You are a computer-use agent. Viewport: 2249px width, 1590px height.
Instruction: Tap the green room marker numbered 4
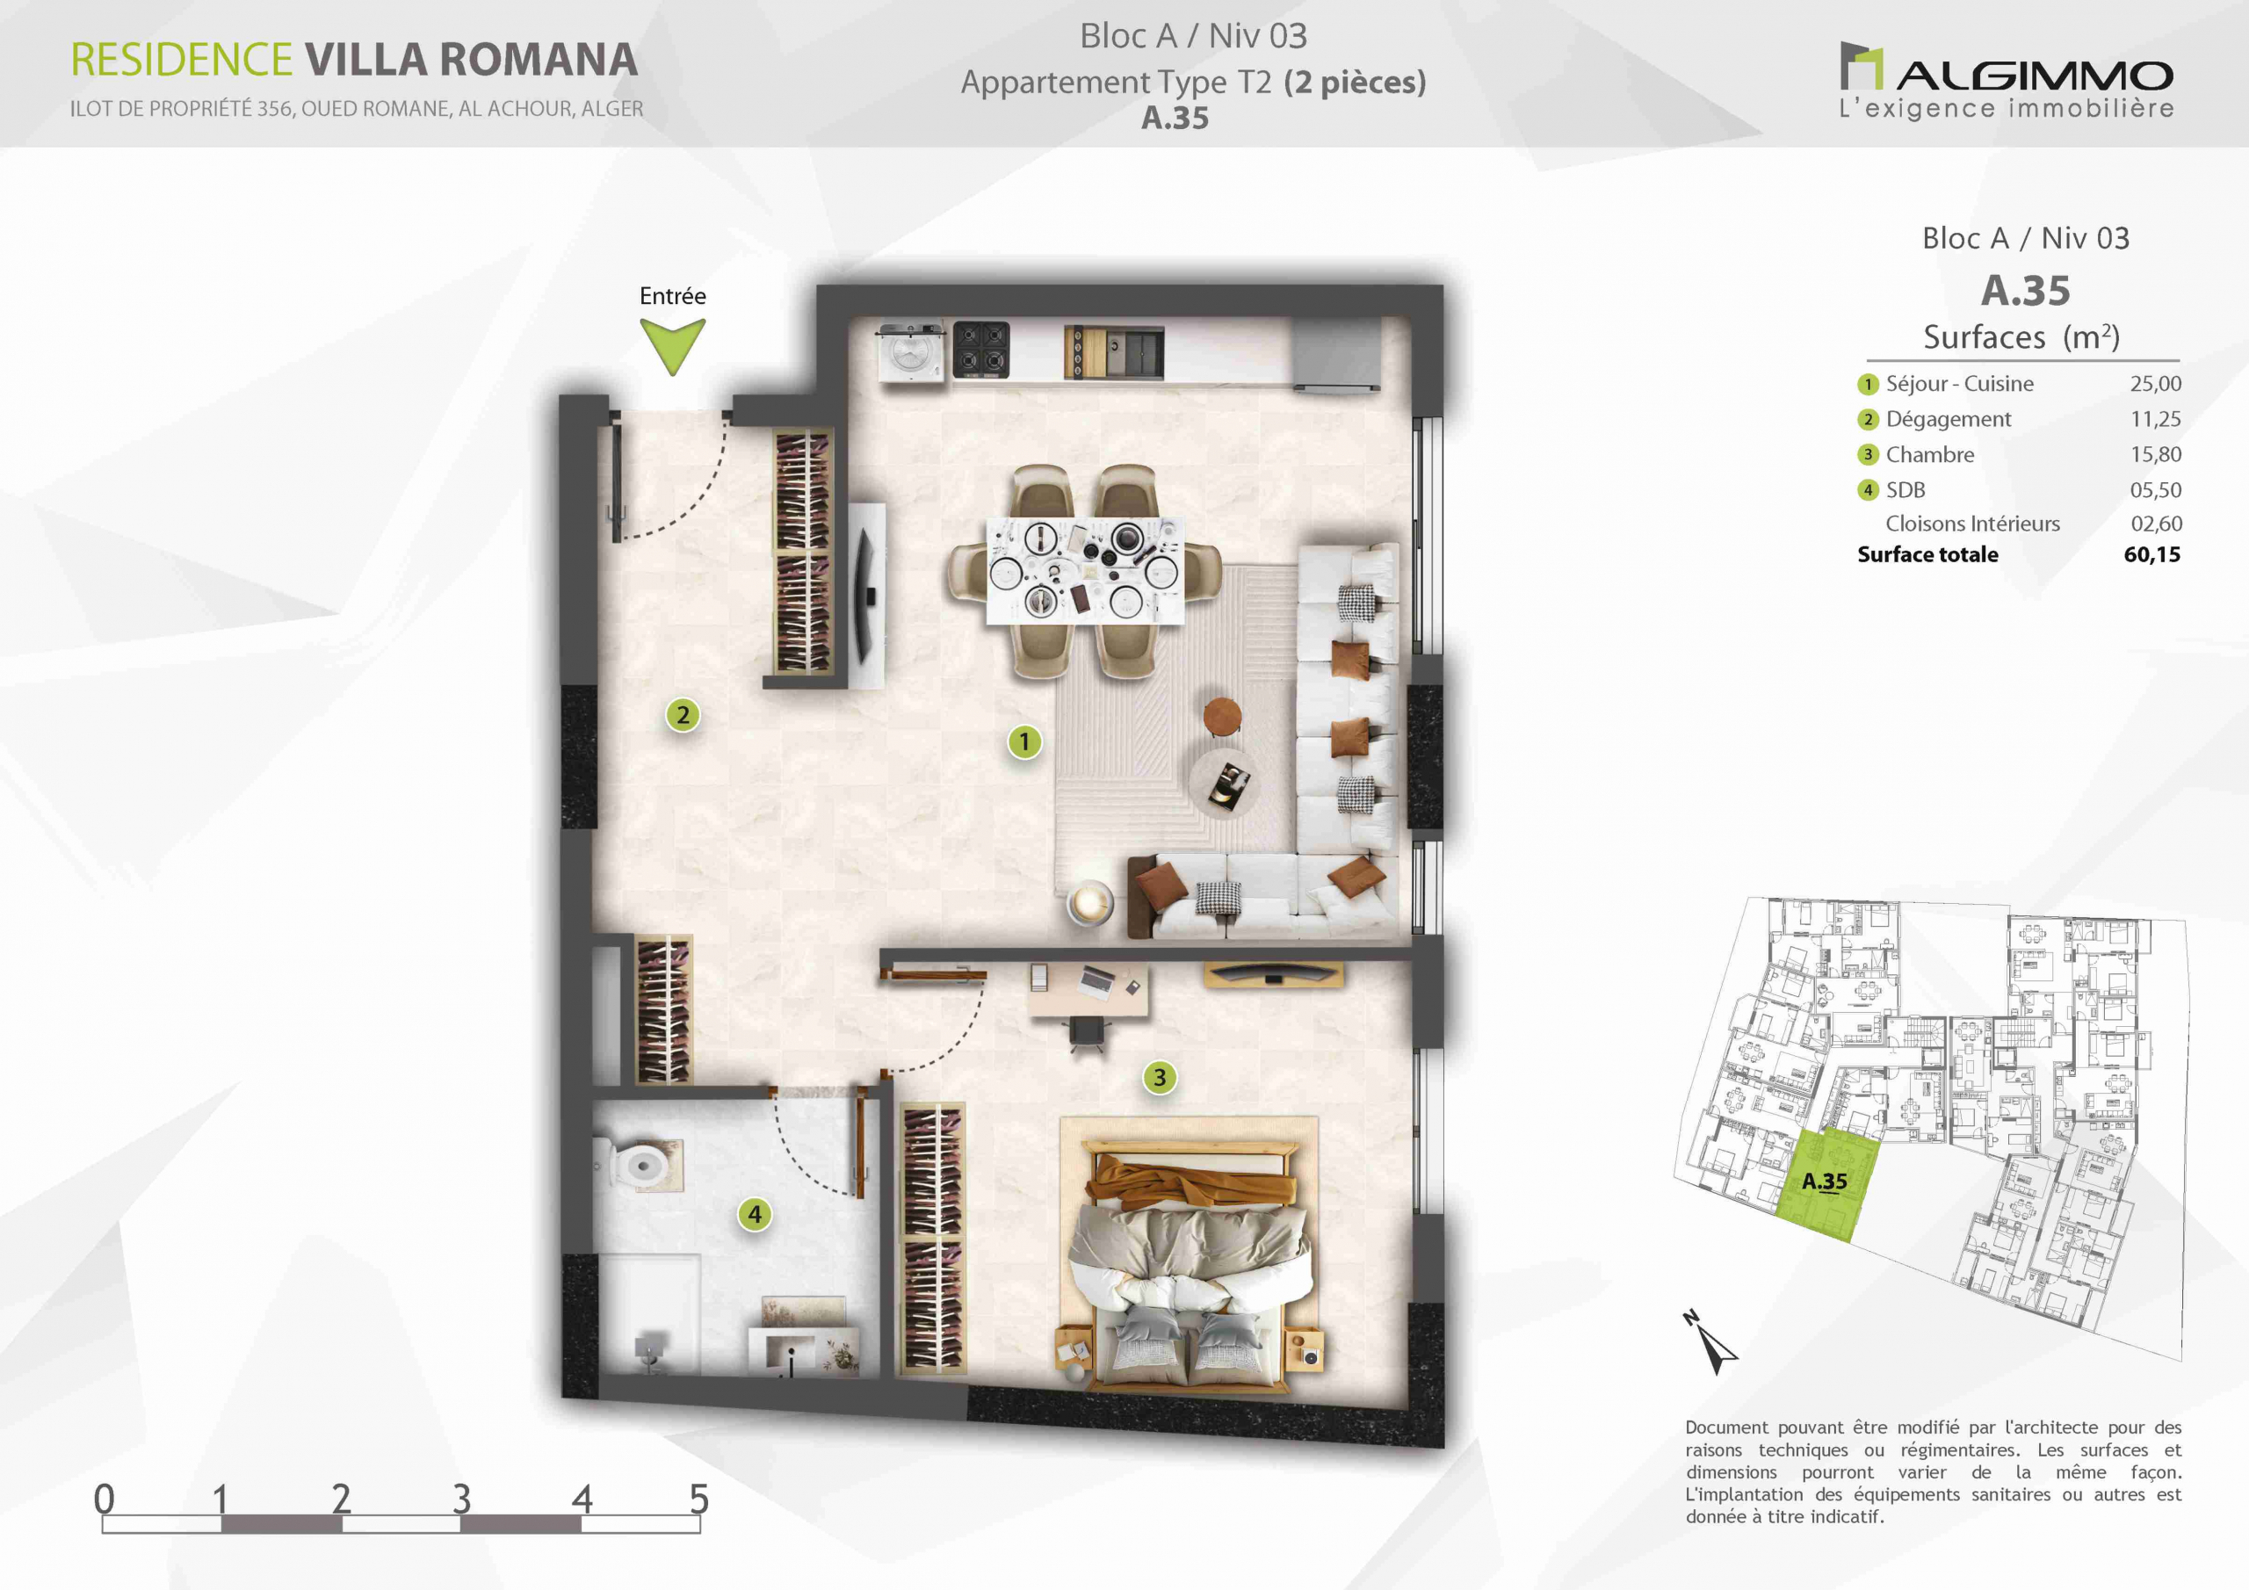(755, 1215)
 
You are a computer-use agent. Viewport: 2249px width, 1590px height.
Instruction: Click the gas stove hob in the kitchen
(981, 350)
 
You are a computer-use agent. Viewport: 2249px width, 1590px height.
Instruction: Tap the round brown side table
(1221, 716)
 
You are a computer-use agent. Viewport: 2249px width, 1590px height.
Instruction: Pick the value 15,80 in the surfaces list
(2155, 454)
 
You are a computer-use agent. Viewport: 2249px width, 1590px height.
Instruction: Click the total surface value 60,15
(2152, 554)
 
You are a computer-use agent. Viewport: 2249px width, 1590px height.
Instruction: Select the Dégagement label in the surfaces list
(1949, 419)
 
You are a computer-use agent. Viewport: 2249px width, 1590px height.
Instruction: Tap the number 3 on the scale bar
(461, 1499)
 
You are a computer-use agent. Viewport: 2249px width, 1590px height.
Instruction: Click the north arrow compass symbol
(1714, 1345)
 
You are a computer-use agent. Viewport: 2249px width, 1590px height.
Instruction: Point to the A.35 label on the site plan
(1824, 1182)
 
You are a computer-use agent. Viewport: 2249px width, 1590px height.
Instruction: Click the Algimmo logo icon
(1861, 66)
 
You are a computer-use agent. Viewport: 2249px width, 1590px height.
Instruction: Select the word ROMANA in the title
(539, 60)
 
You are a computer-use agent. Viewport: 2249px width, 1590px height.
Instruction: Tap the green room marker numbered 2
(683, 715)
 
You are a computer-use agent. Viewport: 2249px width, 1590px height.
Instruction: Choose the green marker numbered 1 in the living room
(1024, 741)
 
